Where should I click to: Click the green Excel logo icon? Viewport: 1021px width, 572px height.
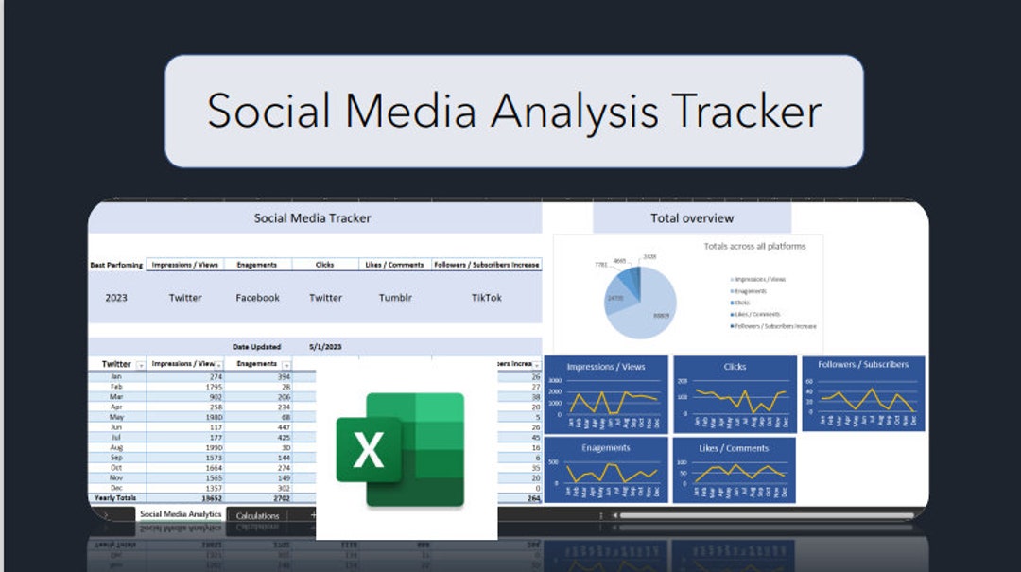[401, 448]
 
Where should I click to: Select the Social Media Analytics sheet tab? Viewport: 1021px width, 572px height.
[181, 514]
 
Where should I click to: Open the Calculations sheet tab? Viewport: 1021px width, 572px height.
[257, 516]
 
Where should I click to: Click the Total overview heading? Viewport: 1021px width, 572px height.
[691, 218]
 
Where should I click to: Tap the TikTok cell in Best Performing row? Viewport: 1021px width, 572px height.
[486, 298]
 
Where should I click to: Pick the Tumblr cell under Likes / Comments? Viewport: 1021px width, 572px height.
[395, 298]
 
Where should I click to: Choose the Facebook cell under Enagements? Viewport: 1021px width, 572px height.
[257, 298]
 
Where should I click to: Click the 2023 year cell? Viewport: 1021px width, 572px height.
[116, 298]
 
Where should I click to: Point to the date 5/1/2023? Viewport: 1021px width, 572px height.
[325, 347]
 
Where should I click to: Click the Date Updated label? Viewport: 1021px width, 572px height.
[256, 347]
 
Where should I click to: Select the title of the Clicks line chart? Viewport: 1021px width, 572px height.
[735, 367]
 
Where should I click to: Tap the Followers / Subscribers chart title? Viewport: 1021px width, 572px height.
[863, 364]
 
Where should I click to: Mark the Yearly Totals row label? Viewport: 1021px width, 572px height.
[115, 497]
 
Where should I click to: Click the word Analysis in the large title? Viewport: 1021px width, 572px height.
[575, 111]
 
